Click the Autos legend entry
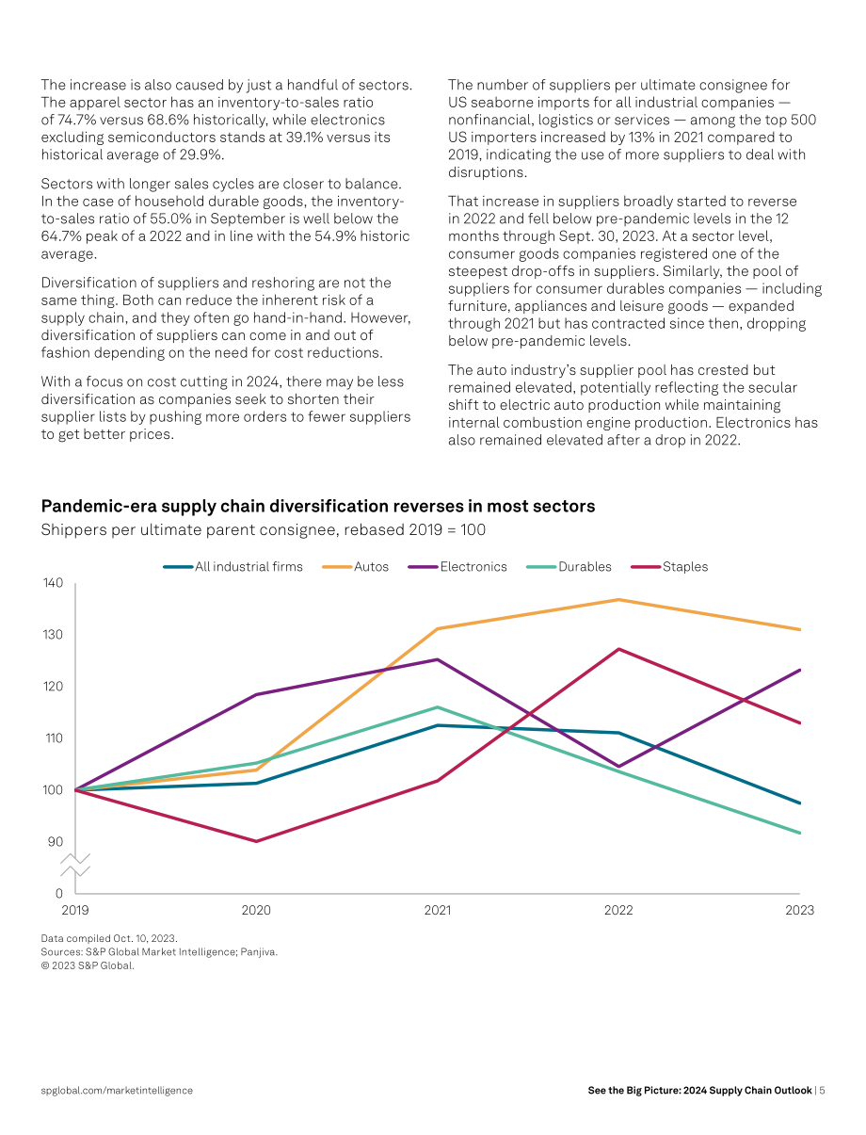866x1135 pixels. tap(356, 567)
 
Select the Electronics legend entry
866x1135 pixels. tap(457, 567)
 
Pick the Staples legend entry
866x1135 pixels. tap(669, 567)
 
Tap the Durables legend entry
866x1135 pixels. tap(569, 567)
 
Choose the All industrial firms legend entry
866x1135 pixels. tap(233, 567)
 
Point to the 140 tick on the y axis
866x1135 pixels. tap(53, 583)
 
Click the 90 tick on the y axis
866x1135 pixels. tap(56, 842)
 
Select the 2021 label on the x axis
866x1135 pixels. tap(437, 910)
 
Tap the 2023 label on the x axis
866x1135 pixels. tap(799, 910)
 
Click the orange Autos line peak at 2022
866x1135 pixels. tap(618, 600)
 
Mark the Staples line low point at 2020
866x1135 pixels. tap(256, 841)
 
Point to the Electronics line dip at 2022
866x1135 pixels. tap(618, 767)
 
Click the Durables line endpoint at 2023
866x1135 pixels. tap(799, 833)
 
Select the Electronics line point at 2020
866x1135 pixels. tap(256, 694)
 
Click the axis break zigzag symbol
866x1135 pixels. tap(75, 865)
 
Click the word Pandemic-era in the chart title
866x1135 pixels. tap(99, 506)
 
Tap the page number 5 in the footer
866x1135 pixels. tap(822, 1091)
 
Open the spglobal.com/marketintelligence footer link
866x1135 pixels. tap(117, 1091)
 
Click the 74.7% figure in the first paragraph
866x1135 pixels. tap(75, 120)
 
